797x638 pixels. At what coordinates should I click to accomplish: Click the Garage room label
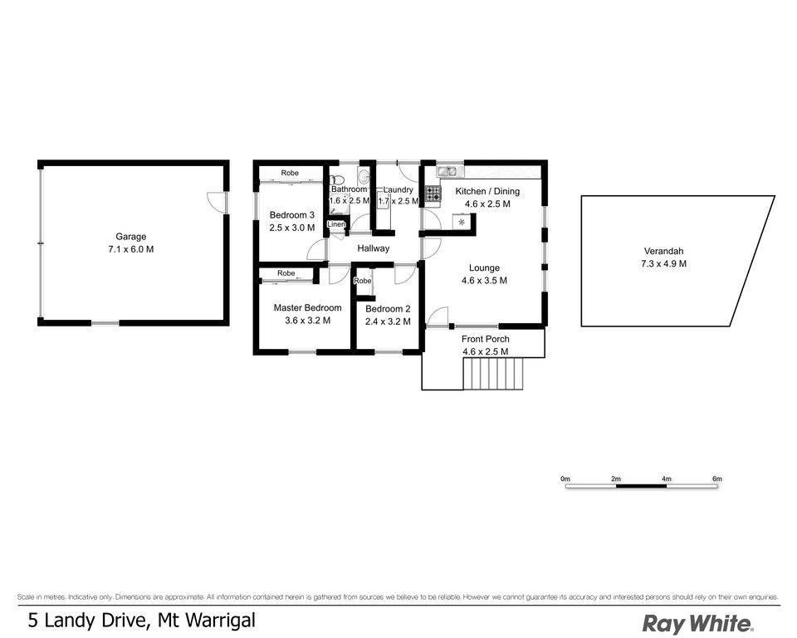130,237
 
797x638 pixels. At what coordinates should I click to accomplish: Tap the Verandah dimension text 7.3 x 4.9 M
663,263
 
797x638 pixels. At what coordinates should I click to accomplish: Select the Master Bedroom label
307,308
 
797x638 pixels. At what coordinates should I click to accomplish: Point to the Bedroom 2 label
388,309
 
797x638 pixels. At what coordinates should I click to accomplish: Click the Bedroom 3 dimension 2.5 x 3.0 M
291,228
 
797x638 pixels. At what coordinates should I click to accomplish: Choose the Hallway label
373,248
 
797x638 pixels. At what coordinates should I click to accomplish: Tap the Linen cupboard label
336,224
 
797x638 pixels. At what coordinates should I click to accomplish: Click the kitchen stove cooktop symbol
433,194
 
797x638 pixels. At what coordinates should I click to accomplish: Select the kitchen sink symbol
447,171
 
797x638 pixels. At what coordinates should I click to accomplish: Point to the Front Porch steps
493,373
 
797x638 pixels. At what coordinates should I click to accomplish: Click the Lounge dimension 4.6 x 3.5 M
484,280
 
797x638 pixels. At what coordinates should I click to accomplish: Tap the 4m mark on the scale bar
667,478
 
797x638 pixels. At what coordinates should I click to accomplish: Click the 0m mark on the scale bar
565,478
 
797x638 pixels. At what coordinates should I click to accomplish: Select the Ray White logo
698,623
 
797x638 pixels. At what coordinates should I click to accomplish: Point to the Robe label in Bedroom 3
290,173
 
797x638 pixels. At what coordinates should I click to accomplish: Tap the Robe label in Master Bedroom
286,273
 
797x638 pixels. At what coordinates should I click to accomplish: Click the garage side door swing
216,203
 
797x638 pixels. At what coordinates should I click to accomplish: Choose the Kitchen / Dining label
487,191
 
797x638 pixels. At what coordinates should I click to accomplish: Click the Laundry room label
398,189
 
